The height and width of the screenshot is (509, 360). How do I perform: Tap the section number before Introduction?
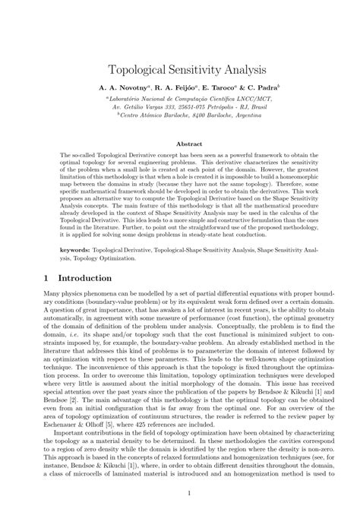(46, 278)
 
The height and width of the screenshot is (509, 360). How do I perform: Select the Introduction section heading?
(85, 278)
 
